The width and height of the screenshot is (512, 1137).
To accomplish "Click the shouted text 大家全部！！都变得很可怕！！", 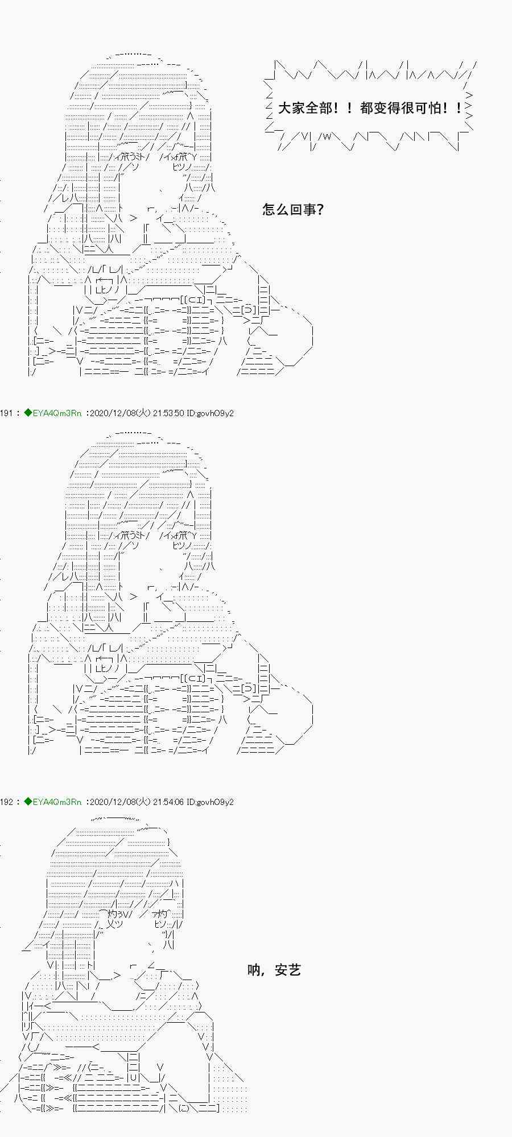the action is pyautogui.click(x=370, y=108).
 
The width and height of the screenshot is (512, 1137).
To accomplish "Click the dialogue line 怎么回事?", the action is pyautogui.click(x=293, y=210).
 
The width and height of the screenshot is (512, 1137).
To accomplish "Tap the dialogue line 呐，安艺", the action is pyautogui.click(x=274, y=970).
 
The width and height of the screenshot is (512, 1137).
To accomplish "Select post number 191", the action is pyautogui.click(x=6, y=413).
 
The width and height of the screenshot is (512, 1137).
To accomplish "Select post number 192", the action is pyautogui.click(x=6, y=802).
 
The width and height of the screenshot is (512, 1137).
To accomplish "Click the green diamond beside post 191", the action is pyautogui.click(x=28, y=413).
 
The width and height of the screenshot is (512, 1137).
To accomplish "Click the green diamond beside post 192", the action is pyautogui.click(x=28, y=802).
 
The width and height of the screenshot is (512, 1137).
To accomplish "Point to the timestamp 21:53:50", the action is pyautogui.click(x=168, y=413).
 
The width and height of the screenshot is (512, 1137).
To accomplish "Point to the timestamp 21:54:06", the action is pyautogui.click(x=168, y=802).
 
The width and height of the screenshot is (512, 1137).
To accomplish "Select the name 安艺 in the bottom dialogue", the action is pyautogui.click(x=288, y=970).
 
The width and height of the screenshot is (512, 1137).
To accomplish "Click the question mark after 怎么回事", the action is pyautogui.click(x=320, y=210).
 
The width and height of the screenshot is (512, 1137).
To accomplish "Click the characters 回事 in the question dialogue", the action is pyautogui.click(x=303, y=210).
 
